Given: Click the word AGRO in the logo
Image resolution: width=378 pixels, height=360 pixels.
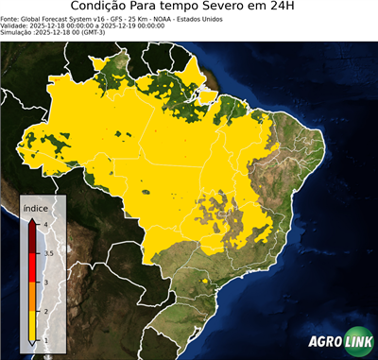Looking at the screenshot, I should (x=324, y=343).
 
